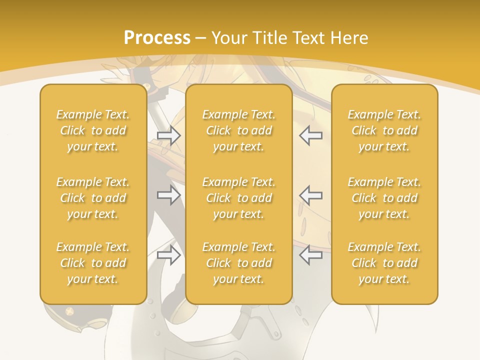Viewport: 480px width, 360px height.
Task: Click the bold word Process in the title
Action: point(157,38)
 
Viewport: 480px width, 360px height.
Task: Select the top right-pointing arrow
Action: point(168,135)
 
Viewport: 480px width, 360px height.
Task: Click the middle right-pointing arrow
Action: point(168,195)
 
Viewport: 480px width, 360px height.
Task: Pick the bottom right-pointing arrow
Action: point(168,255)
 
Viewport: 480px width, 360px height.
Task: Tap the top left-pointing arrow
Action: point(310,135)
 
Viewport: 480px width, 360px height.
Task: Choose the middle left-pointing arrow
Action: point(310,195)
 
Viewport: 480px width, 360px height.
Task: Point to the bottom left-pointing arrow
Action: point(310,255)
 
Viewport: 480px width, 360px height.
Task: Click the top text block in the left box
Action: point(93,130)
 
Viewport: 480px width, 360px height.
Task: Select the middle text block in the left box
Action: point(93,198)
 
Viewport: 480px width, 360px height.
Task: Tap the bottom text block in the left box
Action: point(93,263)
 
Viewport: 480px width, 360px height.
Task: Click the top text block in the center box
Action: point(238,130)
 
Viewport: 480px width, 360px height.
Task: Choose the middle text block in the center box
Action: point(238,198)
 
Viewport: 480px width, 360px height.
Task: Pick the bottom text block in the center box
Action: point(238,263)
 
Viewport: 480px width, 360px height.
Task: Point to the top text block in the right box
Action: point(384,130)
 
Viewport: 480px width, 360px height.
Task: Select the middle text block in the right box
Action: point(384,198)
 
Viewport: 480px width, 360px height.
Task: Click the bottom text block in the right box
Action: point(384,263)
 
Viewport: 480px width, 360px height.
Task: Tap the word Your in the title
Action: point(228,38)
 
